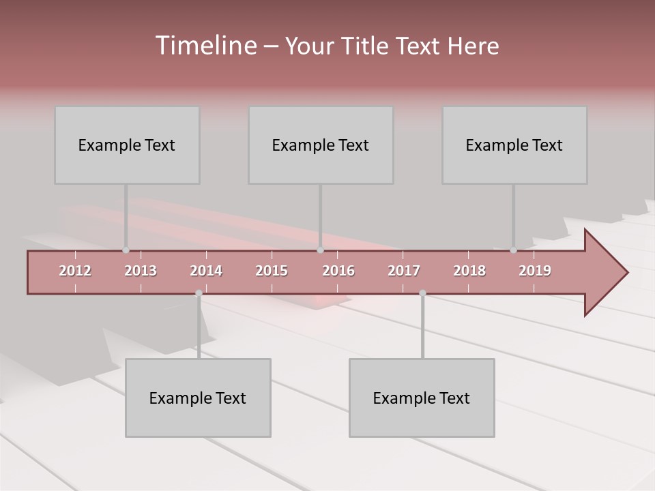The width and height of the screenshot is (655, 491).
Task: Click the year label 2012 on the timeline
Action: coord(75,271)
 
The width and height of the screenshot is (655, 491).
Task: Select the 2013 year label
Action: coord(141,271)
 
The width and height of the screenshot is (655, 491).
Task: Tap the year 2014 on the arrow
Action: coord(206,271)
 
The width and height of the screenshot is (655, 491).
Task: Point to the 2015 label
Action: coord(272,271)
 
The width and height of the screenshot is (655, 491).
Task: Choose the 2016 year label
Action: coord(338,271)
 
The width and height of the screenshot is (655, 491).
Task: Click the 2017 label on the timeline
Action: coord(404,271)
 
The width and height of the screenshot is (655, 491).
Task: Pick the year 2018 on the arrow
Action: coord(469,271)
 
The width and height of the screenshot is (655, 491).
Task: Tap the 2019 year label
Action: coord(535,271)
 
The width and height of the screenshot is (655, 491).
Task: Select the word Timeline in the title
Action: coord(205,46)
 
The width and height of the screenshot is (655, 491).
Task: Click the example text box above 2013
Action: coord(127,145)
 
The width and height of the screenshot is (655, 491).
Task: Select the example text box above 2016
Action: coord(321,145)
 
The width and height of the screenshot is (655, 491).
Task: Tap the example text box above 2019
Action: coord(514,145)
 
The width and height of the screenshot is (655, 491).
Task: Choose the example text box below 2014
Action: coord(198,398)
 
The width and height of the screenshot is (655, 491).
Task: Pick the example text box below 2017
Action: coord(422,398)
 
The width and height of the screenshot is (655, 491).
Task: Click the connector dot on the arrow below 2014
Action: coord(199,293)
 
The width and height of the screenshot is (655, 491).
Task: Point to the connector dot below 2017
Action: coord(422,293)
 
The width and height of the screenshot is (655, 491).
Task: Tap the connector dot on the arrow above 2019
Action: coord(514,250)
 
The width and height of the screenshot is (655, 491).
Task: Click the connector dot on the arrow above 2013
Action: coord(126,250)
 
